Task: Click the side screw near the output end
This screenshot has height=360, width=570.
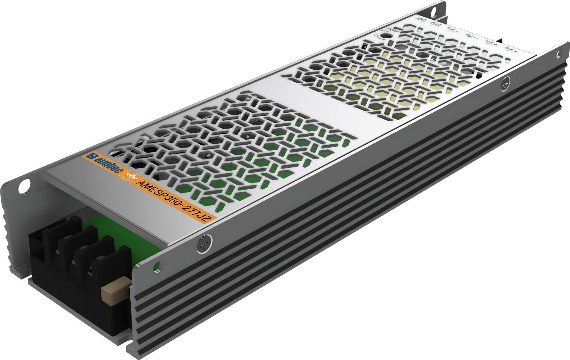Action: coord(506,85)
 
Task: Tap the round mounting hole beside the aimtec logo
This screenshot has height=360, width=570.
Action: coord(24,185)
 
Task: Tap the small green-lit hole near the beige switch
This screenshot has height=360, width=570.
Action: coord(157,266)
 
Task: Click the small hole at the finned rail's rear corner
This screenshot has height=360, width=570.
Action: coord(558,55)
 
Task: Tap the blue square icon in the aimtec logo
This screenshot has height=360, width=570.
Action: coord(89,156)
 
